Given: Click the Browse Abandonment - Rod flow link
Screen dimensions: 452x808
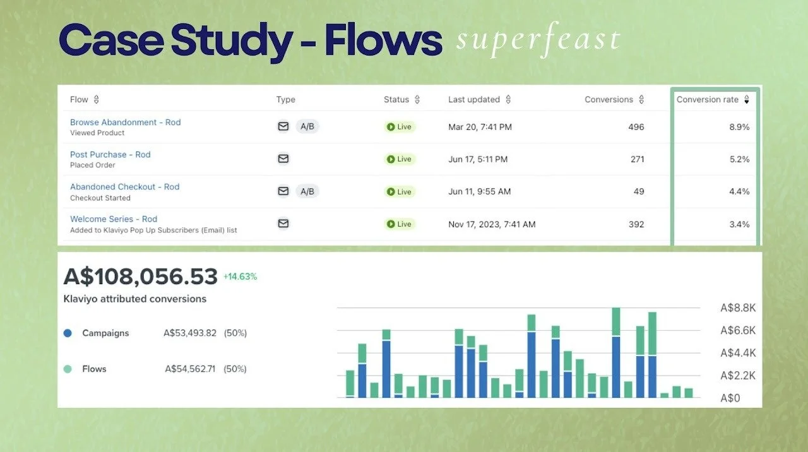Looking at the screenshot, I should (125, 122).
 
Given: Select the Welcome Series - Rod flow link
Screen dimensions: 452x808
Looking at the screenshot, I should (114, 219).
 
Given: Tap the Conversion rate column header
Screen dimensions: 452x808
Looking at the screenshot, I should (708, 100).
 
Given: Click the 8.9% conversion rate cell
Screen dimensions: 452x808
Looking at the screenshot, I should (739, 127).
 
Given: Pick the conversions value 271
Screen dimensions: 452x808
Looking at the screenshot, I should (637, 159).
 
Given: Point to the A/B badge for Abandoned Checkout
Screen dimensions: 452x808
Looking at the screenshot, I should (307, 191).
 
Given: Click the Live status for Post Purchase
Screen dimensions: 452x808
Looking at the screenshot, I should (400, 159).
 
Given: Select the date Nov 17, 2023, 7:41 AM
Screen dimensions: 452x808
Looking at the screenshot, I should (492, 224).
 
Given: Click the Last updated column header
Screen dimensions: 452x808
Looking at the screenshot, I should (474, 100).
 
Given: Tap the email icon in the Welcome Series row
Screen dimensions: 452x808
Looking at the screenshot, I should (283, 223).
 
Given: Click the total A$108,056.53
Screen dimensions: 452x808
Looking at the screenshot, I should (141, 276).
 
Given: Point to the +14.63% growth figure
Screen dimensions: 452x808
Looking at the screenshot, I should (240, 277).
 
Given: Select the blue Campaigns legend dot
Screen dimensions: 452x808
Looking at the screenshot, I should (68, 333).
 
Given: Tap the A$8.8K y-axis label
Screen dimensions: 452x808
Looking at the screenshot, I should (738, 308).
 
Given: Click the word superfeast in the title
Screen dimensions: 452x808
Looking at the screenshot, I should (538, 40).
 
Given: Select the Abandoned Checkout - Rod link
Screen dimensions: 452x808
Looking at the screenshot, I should (124, 187).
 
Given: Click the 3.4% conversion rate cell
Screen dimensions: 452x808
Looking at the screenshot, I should (739, 224).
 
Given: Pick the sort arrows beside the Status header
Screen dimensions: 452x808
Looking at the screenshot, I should (417, 100).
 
